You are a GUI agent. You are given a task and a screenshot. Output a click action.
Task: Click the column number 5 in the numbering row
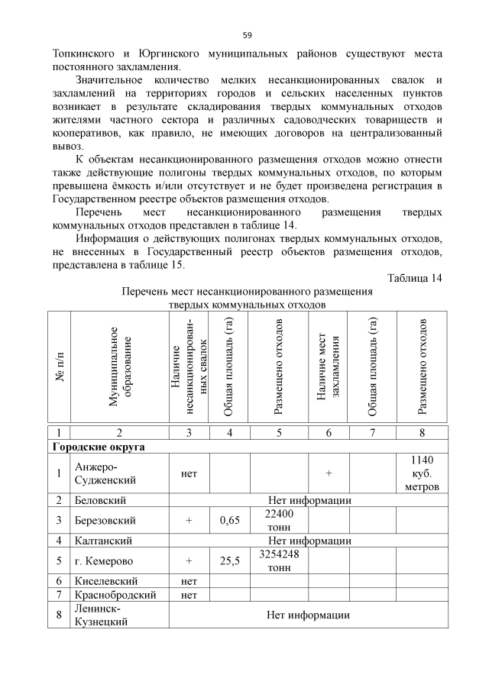(x=279, y=432)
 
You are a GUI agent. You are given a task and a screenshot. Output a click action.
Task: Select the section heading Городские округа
(x=99, y=446)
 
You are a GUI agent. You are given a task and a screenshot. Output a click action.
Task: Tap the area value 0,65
(x=230, y=521)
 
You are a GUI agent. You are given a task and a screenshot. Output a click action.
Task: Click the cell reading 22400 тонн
(x=278, y=521)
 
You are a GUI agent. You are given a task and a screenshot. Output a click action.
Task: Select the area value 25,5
(x=230, y=561)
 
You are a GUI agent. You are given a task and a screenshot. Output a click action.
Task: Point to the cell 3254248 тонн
(x=278, y=561)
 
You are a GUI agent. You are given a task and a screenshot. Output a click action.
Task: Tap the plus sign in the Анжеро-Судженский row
(x=329, y=473)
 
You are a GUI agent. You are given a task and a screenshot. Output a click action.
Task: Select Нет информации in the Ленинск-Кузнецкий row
(x=308, y=615)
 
